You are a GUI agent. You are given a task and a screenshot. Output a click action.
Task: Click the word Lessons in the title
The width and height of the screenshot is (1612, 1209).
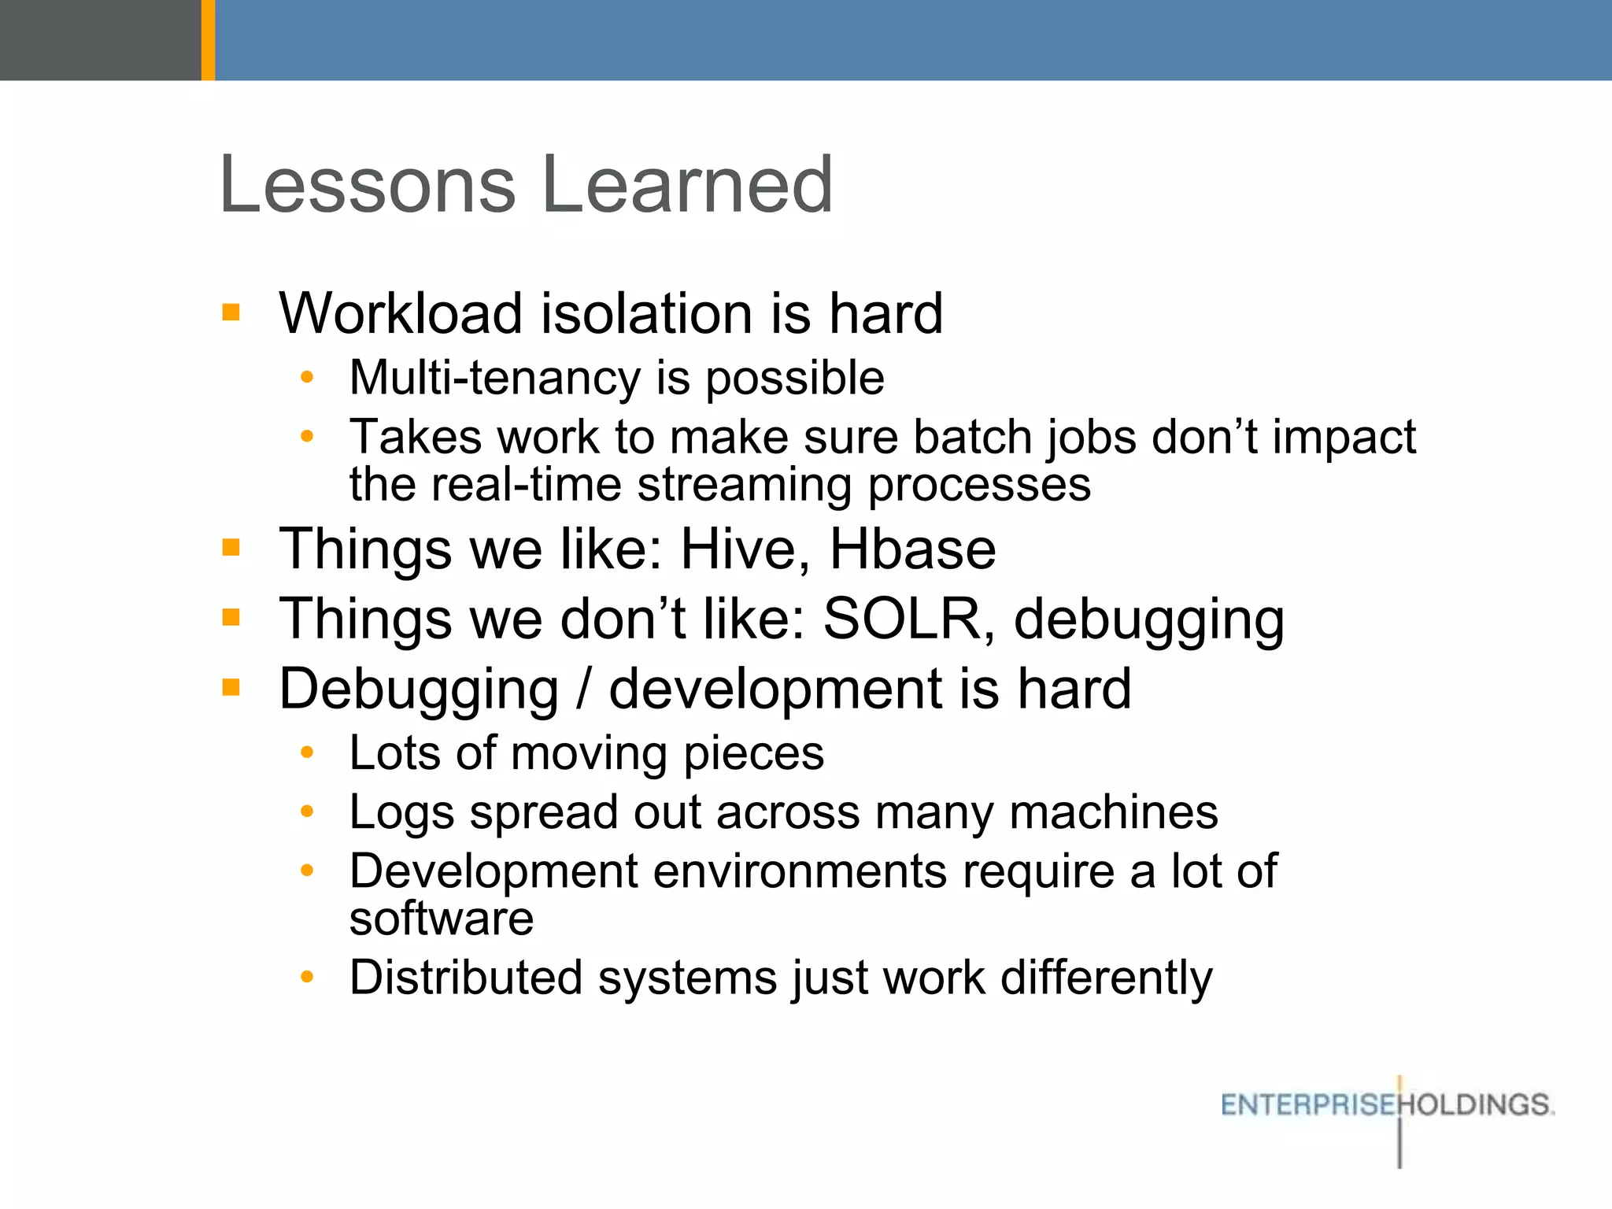tap(367, 186)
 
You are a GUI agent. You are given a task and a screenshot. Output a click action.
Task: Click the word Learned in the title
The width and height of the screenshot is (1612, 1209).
tap(687, 186)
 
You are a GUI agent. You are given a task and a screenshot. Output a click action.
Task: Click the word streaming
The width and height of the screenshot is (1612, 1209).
tap(745, 485)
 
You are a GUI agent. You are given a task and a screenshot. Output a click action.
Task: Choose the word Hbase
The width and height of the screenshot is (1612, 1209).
tap(912, 549)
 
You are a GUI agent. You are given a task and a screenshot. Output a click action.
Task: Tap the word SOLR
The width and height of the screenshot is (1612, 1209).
tap(901, 619)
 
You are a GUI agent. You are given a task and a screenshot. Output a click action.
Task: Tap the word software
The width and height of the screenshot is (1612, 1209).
tap(442, 919)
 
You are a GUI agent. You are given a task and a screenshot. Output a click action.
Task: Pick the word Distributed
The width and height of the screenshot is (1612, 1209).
tap(465, 978)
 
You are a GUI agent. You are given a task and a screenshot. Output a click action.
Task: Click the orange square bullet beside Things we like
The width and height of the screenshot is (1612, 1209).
tap(231, 547)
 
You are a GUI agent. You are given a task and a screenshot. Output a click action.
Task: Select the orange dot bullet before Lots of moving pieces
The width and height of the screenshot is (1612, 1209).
tap(307, 753)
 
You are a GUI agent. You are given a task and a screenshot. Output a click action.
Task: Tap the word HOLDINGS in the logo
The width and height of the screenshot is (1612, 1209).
tap(1476, 1105)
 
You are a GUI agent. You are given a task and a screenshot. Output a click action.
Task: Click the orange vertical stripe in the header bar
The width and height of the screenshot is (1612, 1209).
tap(208, 39)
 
